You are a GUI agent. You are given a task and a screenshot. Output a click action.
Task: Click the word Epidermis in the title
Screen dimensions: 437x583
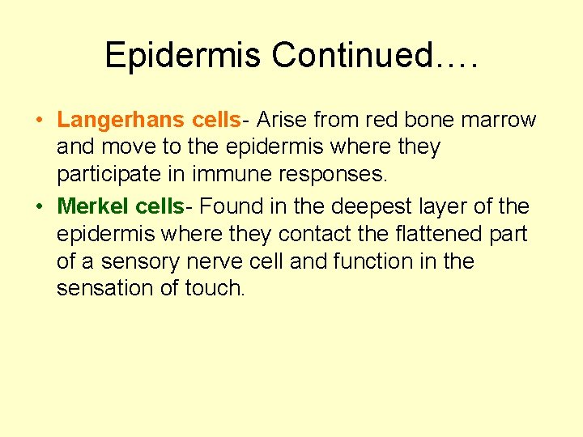184,55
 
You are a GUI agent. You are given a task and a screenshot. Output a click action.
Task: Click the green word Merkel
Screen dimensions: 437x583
93,206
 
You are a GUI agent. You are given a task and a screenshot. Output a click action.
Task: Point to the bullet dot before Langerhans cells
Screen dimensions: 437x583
39,121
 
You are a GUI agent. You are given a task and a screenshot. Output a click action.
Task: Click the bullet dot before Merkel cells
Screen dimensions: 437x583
39,207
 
